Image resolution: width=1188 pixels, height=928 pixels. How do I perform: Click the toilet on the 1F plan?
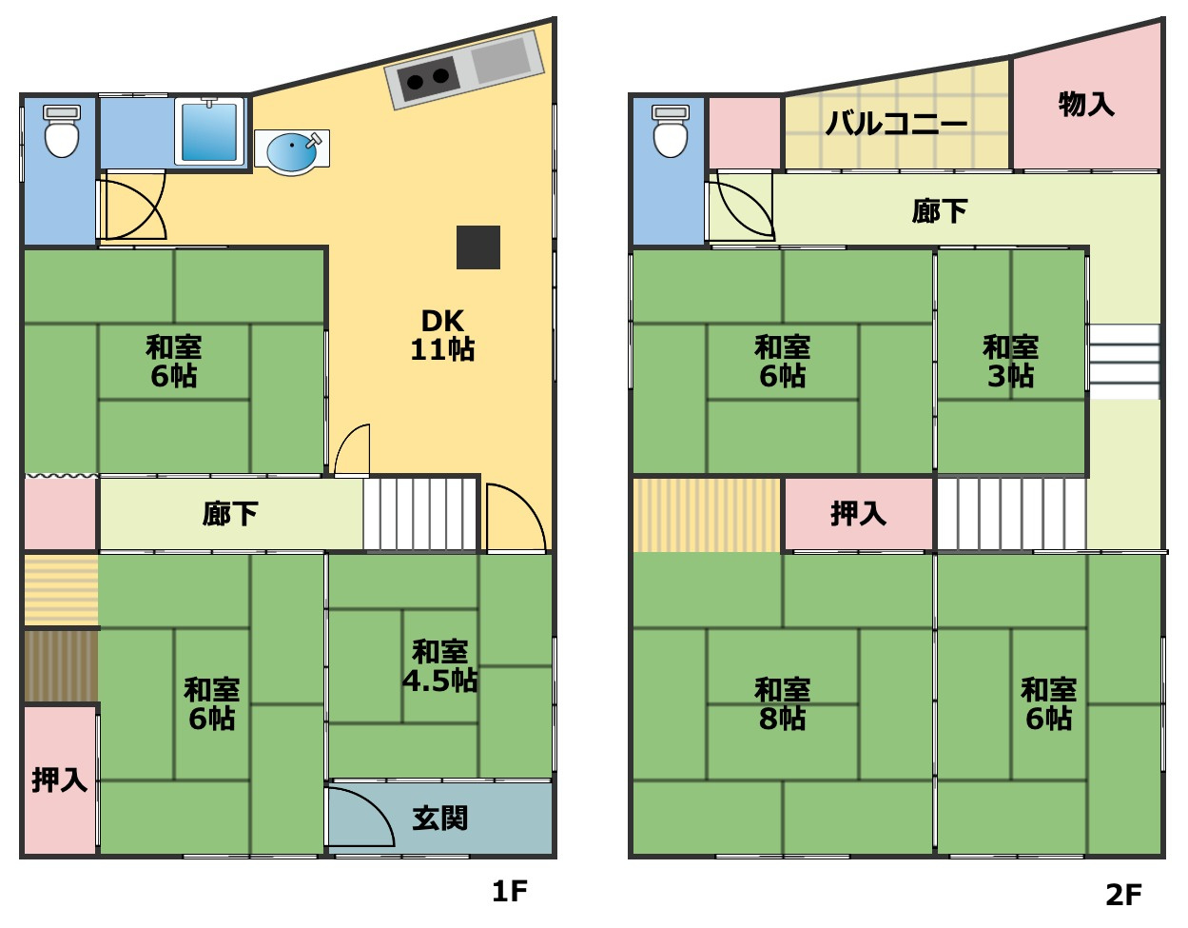click(x=62, y=131)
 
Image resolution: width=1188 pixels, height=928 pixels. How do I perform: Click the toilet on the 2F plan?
click(x=671, y=131)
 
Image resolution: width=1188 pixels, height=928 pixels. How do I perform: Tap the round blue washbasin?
click(x=292, y=152)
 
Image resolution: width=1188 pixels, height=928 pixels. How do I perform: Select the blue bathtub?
click(x=209, y=132)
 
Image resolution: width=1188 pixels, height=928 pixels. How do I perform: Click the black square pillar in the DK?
click(x=478, y=247)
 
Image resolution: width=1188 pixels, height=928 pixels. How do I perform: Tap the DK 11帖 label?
click(x=443, y=335)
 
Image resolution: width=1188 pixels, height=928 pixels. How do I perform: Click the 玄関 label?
click(x=440, y=819)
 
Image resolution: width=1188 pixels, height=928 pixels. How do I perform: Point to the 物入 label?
click(x=1086, y=104)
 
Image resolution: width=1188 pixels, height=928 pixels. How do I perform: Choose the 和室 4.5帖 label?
click(x=440, y=666)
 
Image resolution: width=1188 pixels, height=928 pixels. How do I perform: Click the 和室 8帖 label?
click(x=783, y=704)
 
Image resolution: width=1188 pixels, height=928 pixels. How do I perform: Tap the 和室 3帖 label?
click(x=1011, y=362)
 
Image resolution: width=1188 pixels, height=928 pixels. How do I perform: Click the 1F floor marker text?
click(x=510, y=892)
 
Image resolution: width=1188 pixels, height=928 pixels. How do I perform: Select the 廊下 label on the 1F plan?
click(x=230, y=514)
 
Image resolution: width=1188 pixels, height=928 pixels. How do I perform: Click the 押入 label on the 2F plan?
click(x=858, y=514)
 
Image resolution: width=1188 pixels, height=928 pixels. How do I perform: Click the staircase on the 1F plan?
click(x=419, y=513)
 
